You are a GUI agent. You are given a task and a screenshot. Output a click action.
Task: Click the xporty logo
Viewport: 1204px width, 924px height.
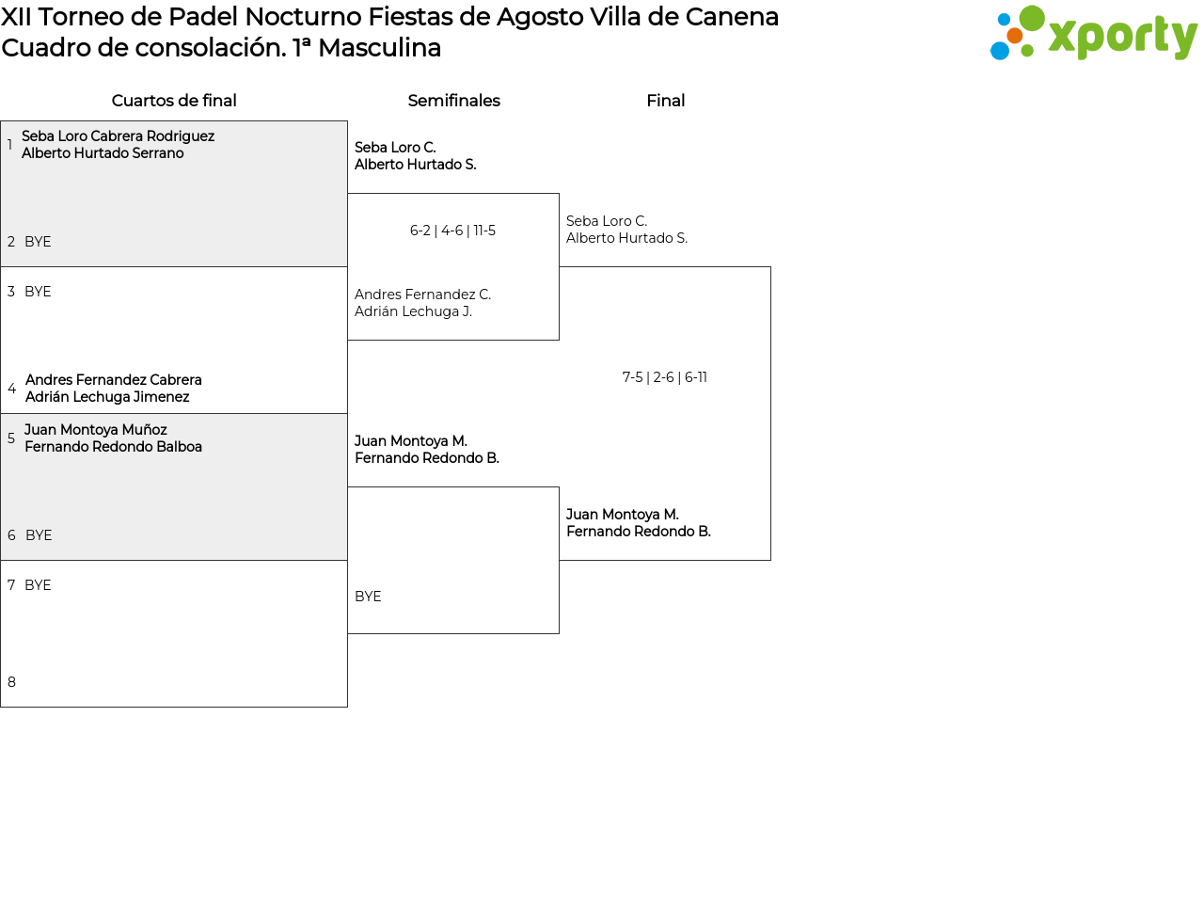(1093, 33)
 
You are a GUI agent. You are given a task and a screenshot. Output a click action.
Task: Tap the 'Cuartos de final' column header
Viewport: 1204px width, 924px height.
(174, 101)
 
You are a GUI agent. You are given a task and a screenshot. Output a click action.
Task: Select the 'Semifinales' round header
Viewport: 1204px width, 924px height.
(453, 101)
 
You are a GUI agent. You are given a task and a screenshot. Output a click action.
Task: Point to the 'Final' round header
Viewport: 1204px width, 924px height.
(665, 101)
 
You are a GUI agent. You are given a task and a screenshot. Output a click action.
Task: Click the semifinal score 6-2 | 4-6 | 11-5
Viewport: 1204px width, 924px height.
(452, 231)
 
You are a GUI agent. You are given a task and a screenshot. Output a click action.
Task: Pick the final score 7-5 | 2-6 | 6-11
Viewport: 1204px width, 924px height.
(664, 377)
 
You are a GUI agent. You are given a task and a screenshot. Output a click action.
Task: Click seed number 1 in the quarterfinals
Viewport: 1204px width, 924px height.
(10, 145)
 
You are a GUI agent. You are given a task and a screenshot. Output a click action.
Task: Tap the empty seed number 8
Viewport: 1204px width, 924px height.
(11, 682)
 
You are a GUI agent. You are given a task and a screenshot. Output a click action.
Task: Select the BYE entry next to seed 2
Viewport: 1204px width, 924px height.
(38, 242)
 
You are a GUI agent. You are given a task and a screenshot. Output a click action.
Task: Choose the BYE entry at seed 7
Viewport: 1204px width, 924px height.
(38, 585)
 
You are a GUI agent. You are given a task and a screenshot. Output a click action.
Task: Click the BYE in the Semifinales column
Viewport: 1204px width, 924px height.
(368, 597)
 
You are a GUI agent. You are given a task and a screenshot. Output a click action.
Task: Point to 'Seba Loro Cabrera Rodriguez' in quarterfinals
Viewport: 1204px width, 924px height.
(118, 136)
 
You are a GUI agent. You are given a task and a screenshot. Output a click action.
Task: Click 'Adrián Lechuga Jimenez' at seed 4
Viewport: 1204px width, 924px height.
(107, 397)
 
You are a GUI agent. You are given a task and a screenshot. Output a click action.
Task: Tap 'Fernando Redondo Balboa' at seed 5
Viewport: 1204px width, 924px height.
(114, 447)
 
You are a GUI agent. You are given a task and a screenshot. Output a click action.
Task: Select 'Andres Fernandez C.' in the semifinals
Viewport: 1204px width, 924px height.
(422, 295)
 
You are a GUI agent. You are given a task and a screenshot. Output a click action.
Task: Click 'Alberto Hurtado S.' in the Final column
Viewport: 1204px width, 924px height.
(626, 238)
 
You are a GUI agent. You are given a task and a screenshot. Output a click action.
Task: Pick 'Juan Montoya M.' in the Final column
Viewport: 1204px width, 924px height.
(623, 515)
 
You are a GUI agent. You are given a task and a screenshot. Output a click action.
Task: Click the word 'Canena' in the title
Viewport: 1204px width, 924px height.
(732, 17)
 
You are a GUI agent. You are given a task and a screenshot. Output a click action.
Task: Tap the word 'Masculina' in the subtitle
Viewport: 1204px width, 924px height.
(379, 48)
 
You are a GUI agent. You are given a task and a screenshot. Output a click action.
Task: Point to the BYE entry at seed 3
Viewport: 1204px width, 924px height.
(38, 292)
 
